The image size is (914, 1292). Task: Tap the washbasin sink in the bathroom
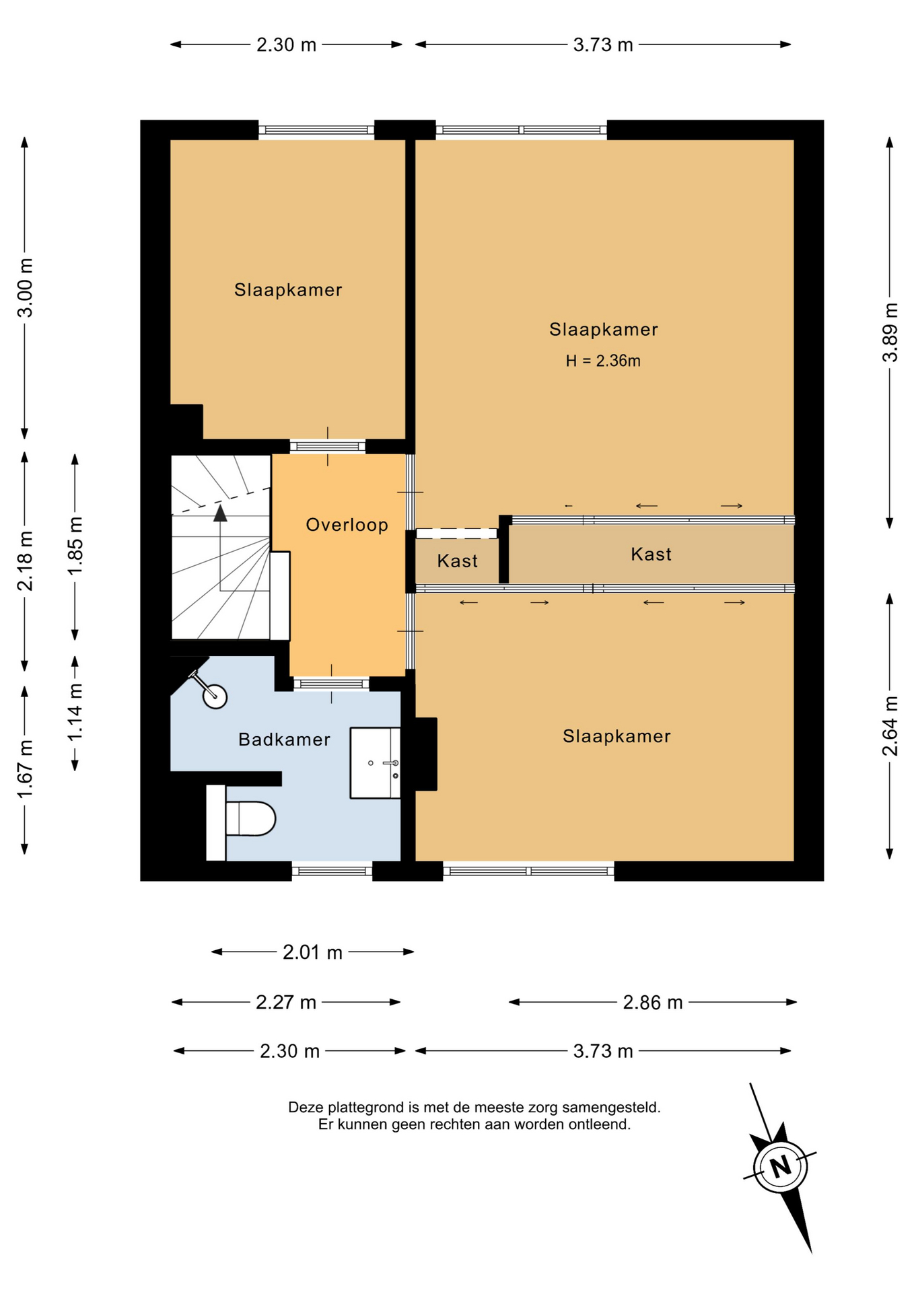pyautogui.click(x=375, y=763)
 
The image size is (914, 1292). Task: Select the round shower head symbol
pyautogui.click(x=215, y=696)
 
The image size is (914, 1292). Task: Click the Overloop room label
pyautogui.click(x=347, y=525)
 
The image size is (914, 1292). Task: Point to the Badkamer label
pyautogui.click(x=285, y=740)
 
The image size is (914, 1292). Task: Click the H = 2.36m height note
pyautogui.click(x=603, y=361)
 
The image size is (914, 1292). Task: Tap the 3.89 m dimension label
pyautogui.click(x=890, y=332)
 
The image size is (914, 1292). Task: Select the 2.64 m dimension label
pyautogui.click(x=890, y=726)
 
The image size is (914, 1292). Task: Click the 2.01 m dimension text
pyautogui.click(x=312, y=952)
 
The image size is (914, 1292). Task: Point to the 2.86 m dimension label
pyautogui.click(x=653, y=1003)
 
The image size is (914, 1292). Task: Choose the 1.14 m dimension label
pyautogui.click(x=75, y=712)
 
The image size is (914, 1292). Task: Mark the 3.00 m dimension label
pyautogui.click(x=25, y=288)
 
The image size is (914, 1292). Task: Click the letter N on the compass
pyautogui.click(x=781, y=1166)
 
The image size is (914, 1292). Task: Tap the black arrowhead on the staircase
pyautogui.click(x=220, y=513)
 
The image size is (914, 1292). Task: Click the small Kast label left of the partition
pyautogui.click(x=458, y=561)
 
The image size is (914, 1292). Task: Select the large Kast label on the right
pyautogui.click(x=652, y=554)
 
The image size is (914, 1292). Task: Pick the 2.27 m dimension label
pyautogui.click(x=286, y=1003)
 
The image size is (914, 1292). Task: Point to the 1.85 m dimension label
pyautogui.click(x=75, y=546)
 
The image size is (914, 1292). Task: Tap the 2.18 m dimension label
pyautogui.click(x=25, y=561)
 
